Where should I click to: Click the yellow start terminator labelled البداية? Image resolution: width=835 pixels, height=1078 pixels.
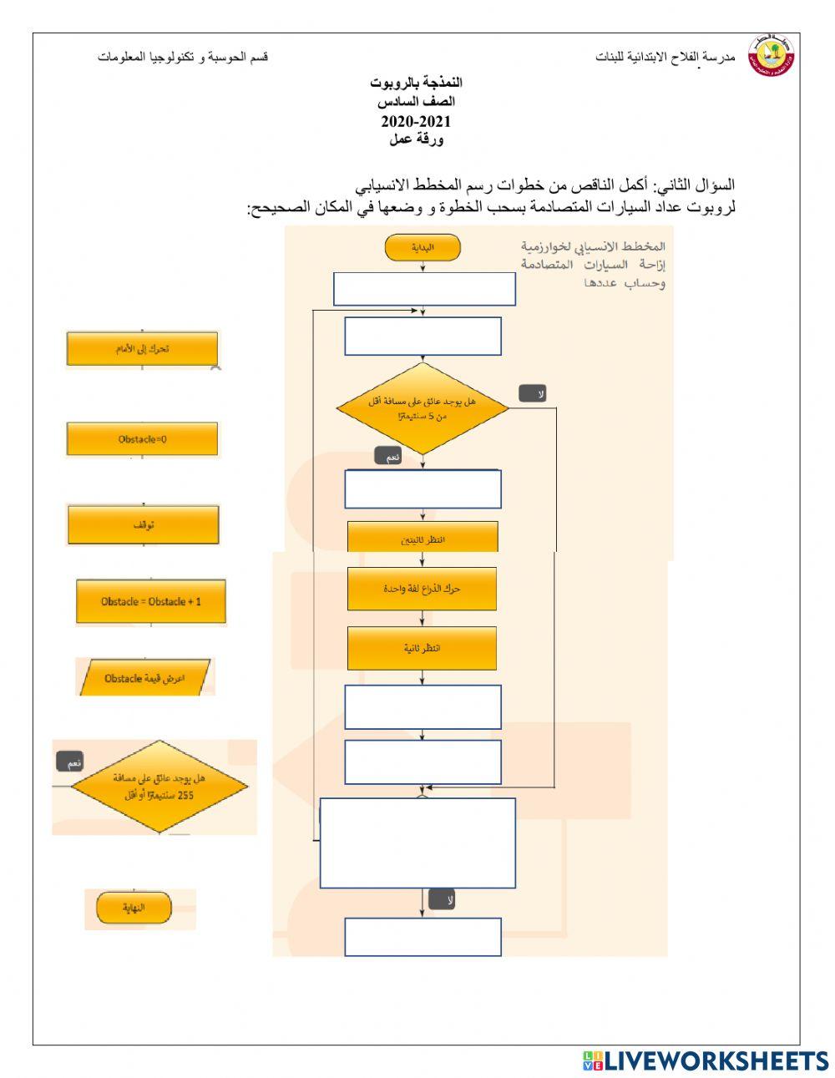(423, 247)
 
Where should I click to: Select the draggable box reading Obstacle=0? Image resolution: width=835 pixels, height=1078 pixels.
(142, 438)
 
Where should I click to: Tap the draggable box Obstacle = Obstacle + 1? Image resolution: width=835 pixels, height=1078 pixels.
(151, 601)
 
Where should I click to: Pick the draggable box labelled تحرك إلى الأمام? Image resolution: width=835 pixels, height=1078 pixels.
(142, 348)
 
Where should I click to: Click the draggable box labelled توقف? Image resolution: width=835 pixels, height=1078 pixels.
(143, 524)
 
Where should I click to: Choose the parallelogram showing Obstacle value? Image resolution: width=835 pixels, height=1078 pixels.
(144, 677)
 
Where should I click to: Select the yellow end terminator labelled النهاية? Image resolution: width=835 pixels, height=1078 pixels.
(134, 908)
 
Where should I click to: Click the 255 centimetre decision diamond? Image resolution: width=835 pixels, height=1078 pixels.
(159, 786)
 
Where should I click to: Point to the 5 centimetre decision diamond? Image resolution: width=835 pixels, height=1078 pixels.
(423, 408)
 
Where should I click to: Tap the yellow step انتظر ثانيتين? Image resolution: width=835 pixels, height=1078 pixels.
(423, 539)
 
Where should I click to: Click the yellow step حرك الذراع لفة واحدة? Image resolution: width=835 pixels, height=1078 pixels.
(422, 589)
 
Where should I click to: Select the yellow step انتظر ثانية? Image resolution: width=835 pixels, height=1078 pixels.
(422, 648)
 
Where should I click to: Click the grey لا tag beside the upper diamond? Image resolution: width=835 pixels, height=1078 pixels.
(532, 393)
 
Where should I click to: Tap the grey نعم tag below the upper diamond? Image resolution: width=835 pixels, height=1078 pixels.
(389, 457)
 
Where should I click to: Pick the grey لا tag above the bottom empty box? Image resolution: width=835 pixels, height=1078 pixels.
(442, 899)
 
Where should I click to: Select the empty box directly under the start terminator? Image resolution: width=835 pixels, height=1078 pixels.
(424, 289)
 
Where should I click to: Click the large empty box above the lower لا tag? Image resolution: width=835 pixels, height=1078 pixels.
(417, 843)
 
